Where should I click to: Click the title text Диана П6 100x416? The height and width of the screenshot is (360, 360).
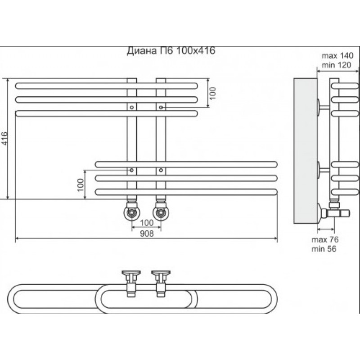171,51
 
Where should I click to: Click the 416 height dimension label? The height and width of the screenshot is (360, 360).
4,138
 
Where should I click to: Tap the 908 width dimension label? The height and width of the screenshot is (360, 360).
147,234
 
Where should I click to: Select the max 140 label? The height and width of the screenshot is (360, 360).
337,56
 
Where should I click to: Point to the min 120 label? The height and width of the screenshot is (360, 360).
336,65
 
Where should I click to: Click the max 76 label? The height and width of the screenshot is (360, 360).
325,239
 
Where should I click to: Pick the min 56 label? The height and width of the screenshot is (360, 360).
324,249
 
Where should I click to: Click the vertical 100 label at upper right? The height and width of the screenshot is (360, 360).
212,93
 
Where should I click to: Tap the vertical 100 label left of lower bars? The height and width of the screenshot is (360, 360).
81,184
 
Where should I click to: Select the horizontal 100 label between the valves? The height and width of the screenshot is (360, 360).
147,222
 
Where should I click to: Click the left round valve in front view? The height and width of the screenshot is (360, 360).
132,212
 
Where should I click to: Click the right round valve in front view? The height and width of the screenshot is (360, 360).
161,212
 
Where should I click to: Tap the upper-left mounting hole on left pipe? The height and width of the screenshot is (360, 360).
132,107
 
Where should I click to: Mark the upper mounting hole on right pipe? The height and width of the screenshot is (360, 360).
161,107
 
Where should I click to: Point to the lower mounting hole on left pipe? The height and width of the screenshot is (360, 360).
132,170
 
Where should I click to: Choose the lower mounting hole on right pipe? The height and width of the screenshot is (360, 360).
161,170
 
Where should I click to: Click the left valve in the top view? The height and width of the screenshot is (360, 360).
131,284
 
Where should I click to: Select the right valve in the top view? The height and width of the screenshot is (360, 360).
161,284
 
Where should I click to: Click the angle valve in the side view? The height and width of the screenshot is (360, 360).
333,211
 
